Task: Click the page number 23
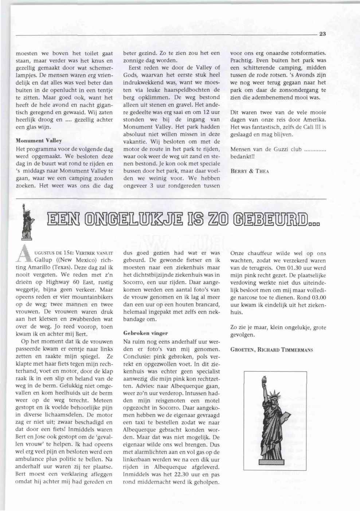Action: coord(322,34)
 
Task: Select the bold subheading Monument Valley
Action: coord(39,140)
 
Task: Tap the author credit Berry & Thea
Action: coord(250,171)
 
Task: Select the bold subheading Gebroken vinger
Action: coord(140,333)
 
